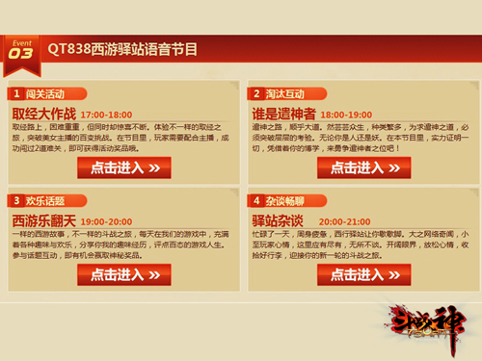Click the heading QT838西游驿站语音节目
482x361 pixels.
pyautogui.click(x=130, y=49)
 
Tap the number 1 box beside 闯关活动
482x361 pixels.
pyautogui.click(x=17, y=94)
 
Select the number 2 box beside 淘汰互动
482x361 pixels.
pyautogui.click(x=255, y=94)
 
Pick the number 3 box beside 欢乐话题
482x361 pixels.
pyautogui.click(x=17, y=200)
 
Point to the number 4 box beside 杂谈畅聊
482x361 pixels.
pyautogui.click(x=255, y=200)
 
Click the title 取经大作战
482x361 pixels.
pyautogui.click(x=46, y=114)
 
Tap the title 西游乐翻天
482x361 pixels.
pyautogui.click(x=46, y=219)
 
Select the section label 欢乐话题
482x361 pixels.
pyautogui.click(x=46, y=200)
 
